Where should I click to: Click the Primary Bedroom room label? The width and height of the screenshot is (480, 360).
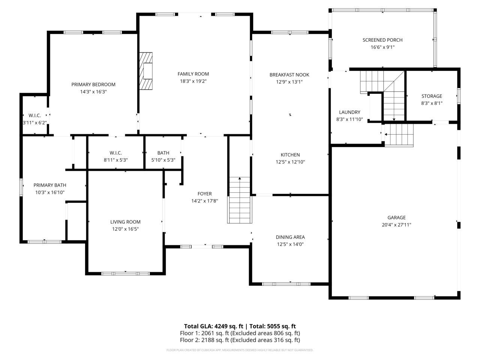click(x=93, y=84)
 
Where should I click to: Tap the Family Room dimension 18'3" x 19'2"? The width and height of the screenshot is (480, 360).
click(x=193, y=81)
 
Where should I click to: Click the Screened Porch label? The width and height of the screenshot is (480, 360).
click(x=382, y=40)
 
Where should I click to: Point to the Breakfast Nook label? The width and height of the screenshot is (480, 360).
click(x=289, y=75)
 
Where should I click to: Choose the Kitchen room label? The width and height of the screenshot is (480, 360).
click(x=290, y=155)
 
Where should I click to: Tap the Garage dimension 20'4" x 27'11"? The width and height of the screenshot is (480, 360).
click(x=396, y=225)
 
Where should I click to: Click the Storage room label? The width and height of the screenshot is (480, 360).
click(x=432, y=96)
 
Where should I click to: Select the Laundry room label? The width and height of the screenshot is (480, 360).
click(x=349, y=112)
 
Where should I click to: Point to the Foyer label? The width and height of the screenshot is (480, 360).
click(x=204, y=193)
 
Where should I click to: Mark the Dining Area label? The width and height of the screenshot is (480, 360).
click(x=290, y=237)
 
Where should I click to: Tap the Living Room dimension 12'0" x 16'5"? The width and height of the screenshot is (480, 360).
click(x=125, y=229)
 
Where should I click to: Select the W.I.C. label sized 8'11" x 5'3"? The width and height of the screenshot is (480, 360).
click(x=115, y=153)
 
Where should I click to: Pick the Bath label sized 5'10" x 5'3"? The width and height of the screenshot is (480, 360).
click(x=163, y=153)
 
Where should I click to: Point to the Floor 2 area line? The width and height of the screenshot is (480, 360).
click(x=240, y=340)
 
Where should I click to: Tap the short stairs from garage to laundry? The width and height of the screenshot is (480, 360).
click(x=399, y=135)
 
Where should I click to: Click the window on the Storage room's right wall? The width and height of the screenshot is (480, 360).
click(x=458, y=96)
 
